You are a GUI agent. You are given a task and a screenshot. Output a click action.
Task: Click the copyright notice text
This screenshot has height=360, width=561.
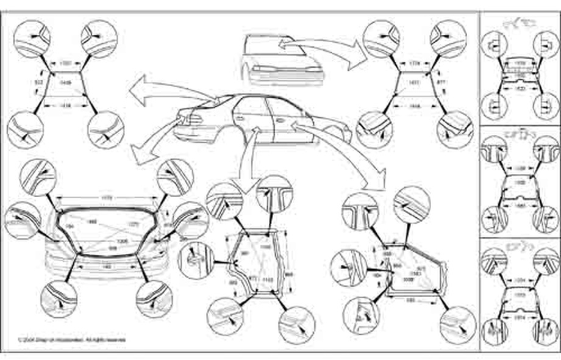(x=72, y=339)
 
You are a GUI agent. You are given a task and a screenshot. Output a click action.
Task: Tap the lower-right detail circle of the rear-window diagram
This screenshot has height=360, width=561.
(x=105, y=129)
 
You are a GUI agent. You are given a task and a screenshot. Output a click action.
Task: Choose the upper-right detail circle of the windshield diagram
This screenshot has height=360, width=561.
(x=448, y=38)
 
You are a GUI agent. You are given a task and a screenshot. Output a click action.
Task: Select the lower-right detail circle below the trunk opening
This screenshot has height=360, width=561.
(x=154, y=298)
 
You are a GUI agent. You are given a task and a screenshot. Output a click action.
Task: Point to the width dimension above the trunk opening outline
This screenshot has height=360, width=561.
(x=106, y=197)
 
